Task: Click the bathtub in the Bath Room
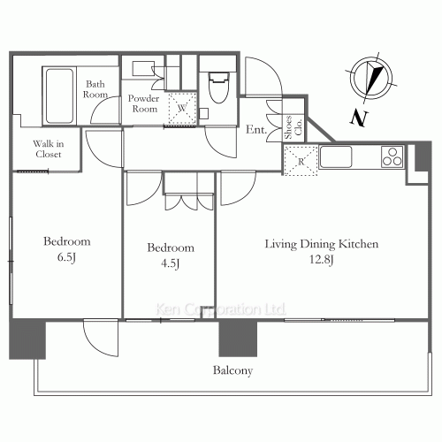59,96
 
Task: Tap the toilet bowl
218,88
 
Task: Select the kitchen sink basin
336,156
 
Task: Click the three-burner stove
392,156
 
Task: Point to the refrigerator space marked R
301,161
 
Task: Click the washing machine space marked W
182,108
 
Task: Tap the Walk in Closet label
49,149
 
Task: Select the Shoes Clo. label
293,127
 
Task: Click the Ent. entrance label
256,129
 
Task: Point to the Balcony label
232,370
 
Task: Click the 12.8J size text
321,260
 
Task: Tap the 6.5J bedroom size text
66,257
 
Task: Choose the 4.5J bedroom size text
171,263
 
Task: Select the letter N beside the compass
359,118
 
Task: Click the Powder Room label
144,103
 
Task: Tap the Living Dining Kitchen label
322,244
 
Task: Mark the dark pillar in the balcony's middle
238,339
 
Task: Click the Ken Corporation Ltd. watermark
221,309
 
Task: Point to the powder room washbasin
143,69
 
